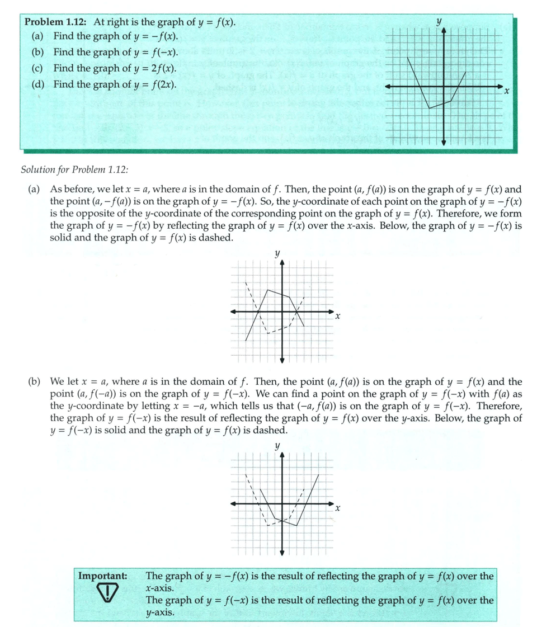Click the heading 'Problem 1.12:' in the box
[56, 23]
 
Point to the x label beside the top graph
[506, 89]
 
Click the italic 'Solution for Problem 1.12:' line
[78, 169]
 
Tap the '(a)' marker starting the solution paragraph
[34, 190]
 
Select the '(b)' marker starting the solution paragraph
[34, 383]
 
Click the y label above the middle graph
[277, 254]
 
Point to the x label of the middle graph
[338, 317]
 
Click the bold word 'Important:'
[103, 576]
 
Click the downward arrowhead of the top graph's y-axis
[444, 143]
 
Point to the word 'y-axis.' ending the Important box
[161, 612]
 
